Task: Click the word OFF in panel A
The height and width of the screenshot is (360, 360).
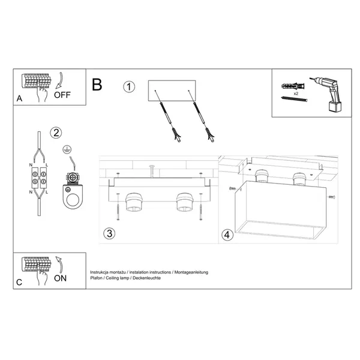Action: coord(62,94)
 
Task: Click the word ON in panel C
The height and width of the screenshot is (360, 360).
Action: coord(60,278)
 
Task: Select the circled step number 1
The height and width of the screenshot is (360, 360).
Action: coord(129,87)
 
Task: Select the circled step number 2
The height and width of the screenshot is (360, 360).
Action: coord(55,133)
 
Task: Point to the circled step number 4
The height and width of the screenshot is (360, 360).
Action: coord(226,235)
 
